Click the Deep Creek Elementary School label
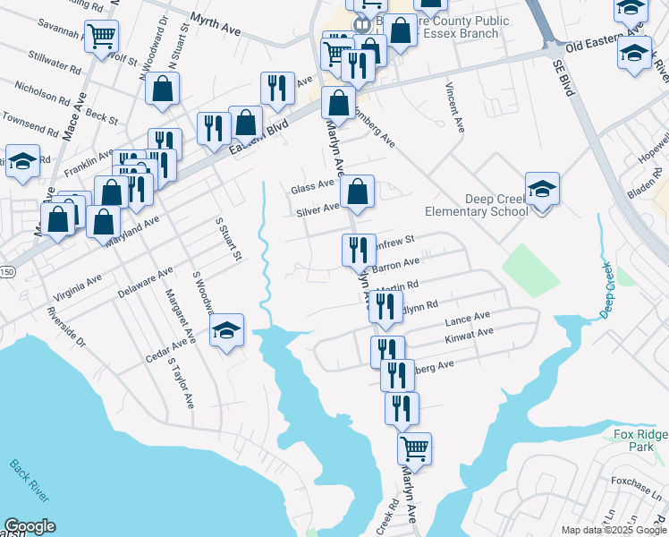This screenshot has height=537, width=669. click(x=483, y=206)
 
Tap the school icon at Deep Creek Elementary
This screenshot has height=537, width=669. click(x=542, y=190)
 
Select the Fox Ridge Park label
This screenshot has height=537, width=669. click(x=640, y=440)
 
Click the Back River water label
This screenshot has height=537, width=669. click(x=30, y=481)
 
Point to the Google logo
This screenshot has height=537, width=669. click(x=30, y=526)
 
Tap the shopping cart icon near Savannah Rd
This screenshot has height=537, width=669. click(x=102, y=37)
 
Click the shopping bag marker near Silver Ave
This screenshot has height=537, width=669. click(x=357, y=191)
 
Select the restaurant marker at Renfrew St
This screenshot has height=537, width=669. click(x=358, y=250)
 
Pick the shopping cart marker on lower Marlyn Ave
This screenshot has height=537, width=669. click(x=414, y=447)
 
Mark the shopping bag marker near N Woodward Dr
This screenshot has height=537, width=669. click(x=163, y=89)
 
